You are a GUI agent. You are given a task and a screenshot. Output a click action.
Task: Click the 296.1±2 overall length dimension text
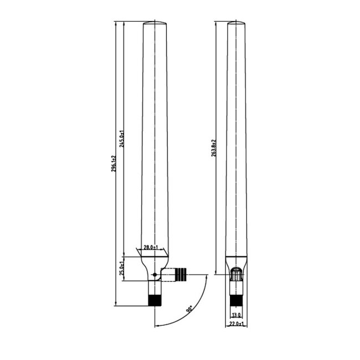(114, 164)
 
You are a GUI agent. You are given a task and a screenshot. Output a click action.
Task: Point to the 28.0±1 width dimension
(151, 248)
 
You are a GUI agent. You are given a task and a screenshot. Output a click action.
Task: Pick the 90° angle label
(190, 308)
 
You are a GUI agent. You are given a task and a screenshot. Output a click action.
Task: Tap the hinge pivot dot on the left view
(155, 274)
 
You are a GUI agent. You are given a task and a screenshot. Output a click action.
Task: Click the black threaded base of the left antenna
(155, 300)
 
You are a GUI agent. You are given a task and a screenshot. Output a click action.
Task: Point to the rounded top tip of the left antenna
(155, 23)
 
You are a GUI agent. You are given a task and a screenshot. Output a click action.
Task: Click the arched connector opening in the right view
(236, 274)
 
